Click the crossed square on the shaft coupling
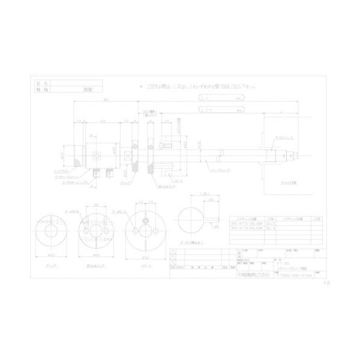pos(127,155)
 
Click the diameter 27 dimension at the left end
pos(64,155)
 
